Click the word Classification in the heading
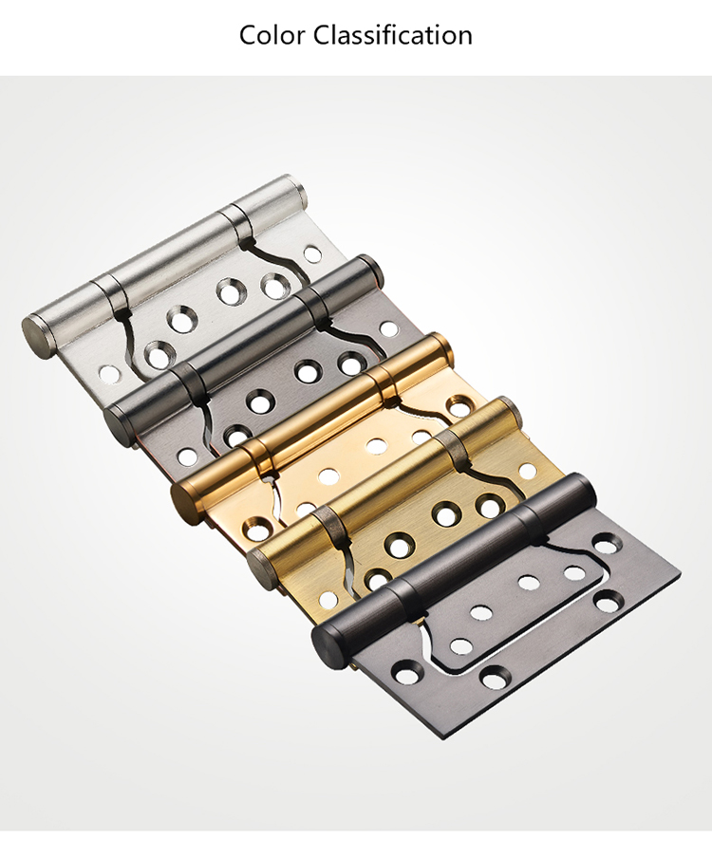393,35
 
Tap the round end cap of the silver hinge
37,335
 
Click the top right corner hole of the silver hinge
312,254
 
